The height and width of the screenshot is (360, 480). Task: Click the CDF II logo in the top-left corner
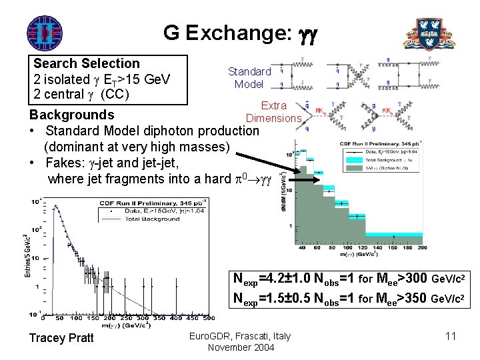44,31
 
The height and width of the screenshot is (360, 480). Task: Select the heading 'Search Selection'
87,64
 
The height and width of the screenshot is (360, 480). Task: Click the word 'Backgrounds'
71,114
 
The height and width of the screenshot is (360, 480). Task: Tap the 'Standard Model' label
249,77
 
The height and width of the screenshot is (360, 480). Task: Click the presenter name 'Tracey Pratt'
62,338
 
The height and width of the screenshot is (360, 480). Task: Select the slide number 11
450,336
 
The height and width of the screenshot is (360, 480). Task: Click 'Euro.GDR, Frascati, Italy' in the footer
239,335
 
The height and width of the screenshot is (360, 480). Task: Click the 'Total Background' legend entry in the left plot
152,219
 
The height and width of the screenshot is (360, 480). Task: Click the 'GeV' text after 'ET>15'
155,79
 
